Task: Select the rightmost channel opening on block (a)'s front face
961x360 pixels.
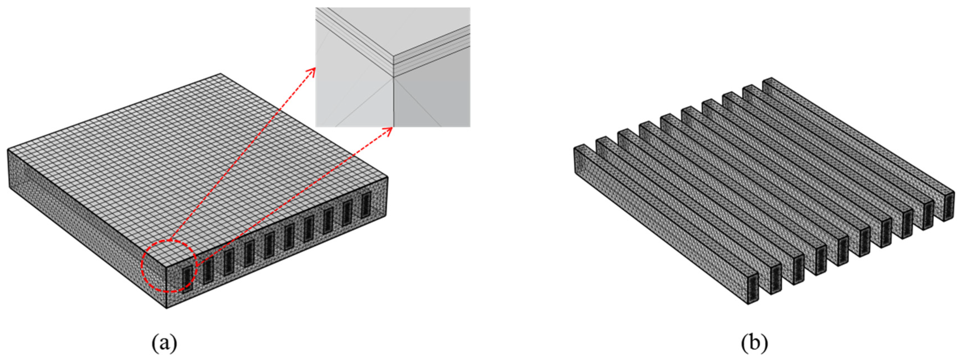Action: click(x=366, y=205)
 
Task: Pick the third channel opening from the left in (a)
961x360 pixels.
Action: click(x=228, y=262)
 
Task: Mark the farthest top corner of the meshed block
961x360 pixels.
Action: click(x=220, y=74)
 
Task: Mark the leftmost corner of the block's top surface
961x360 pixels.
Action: click(x=8, y=150)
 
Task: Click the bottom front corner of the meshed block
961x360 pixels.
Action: click(x=166, y=308)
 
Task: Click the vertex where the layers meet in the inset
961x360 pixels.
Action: click(x=394, y=77)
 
